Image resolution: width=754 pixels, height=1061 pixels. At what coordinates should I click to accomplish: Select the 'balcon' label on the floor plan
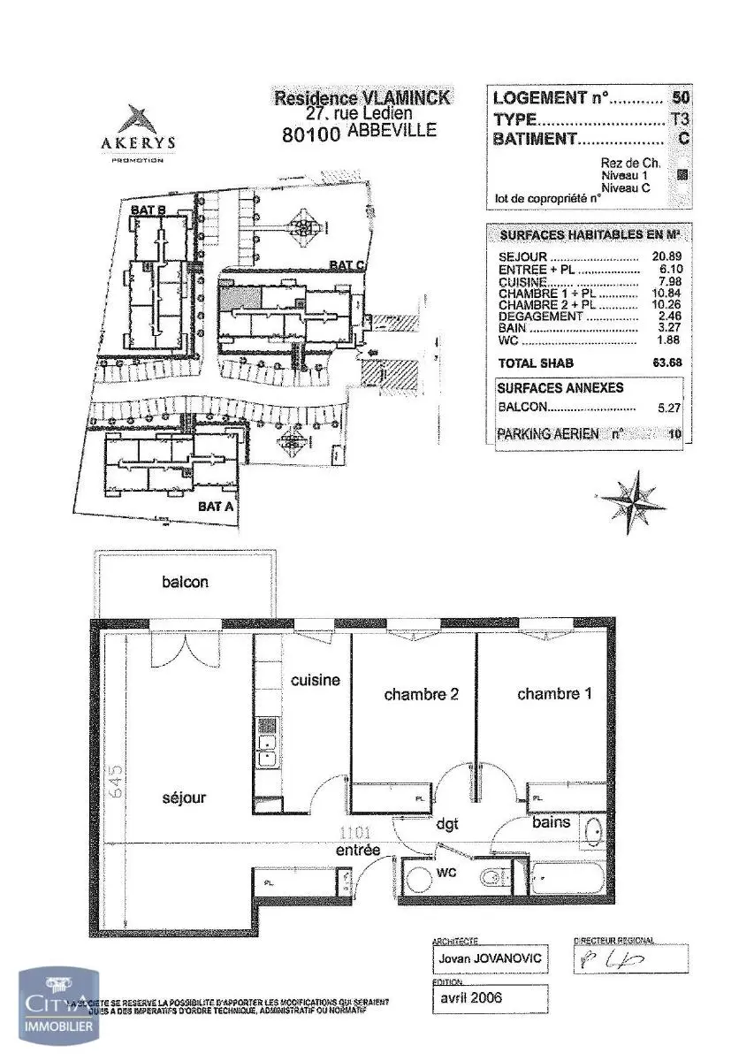click(x=185, y=582)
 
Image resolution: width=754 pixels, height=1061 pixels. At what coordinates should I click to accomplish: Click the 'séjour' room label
click(x=184, y=798)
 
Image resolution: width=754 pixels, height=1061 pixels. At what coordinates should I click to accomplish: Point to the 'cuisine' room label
click(x=316, y=680)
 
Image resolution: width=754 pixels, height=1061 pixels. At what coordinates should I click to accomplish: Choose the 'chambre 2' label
click(x=421, y=695)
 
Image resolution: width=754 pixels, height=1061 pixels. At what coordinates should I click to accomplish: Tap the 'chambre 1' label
click(x=554, y=694)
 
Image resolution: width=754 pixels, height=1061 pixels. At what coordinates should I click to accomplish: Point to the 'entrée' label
click(x=357, y=850)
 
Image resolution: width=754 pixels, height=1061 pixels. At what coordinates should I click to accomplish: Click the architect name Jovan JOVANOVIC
click(x=489, y=958)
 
